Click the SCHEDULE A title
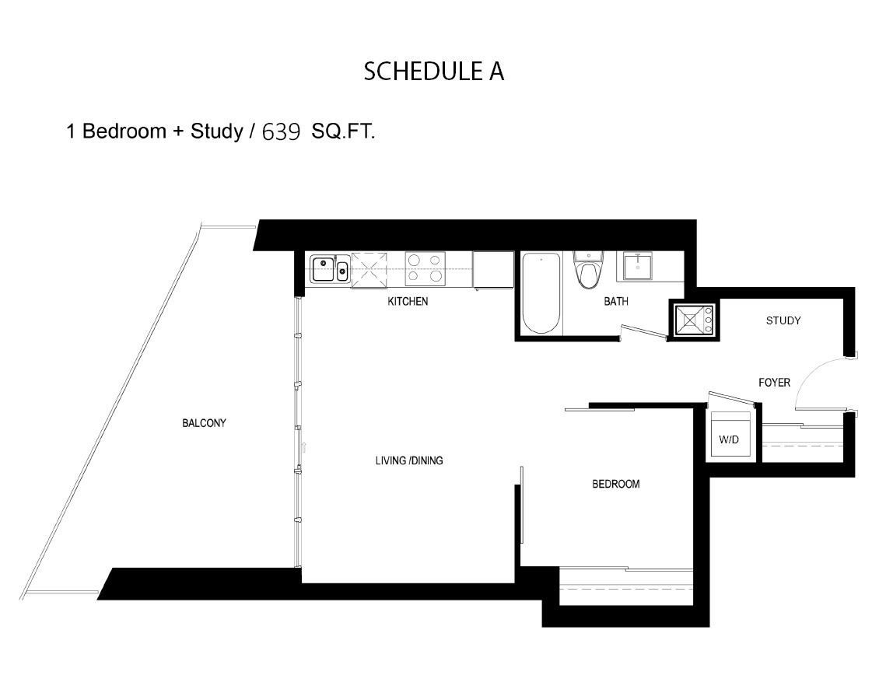pyautogui.click(x=434, y=71)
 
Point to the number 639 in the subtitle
pyautogui.click(x=281, y=132)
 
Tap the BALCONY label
pyautogui.click(x=204, y=423)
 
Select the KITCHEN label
pyautogui.click(x=408, y=301)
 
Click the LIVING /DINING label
pyautogui.click(x=409, y=460)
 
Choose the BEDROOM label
pyautogui.click(x=615, y=484)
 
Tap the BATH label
pyautogui.click(x=616, y=301)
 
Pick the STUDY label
pyautogui.click(x=783, y=320)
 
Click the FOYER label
pyautogui.click(x=774, y=382)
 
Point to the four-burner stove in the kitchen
pyautogui.click(x=425, y=268)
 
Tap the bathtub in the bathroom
pyautogui.click(x=541, y=293)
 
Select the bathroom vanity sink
pyautogui.click(x=639, y=268)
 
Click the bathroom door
pyautogui.click(x=643, y=333)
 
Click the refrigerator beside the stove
pyautogui.click(x=492, y=269)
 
